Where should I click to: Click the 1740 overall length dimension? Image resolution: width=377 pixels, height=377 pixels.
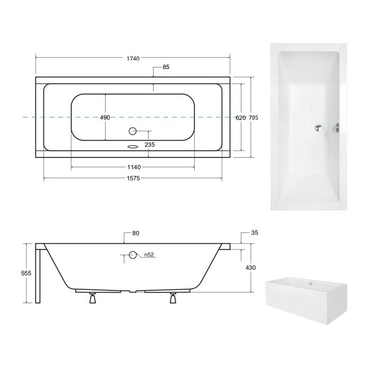133,58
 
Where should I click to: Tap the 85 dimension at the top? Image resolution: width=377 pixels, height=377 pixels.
167,67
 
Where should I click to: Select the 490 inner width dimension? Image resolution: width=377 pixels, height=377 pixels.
105,118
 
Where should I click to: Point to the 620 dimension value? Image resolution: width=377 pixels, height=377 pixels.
240,118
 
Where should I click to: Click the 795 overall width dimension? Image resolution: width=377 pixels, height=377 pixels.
253,118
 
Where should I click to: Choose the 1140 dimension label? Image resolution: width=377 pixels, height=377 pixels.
133,167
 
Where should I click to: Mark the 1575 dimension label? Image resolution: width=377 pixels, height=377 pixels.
133,178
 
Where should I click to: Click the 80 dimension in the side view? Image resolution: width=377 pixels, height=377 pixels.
135,233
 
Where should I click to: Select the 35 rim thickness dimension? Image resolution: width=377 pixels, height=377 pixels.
254,233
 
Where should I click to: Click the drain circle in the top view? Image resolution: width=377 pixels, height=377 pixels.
132,131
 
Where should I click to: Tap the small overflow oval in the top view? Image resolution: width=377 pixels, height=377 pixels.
133,146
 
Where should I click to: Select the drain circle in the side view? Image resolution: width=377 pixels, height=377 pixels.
132,255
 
